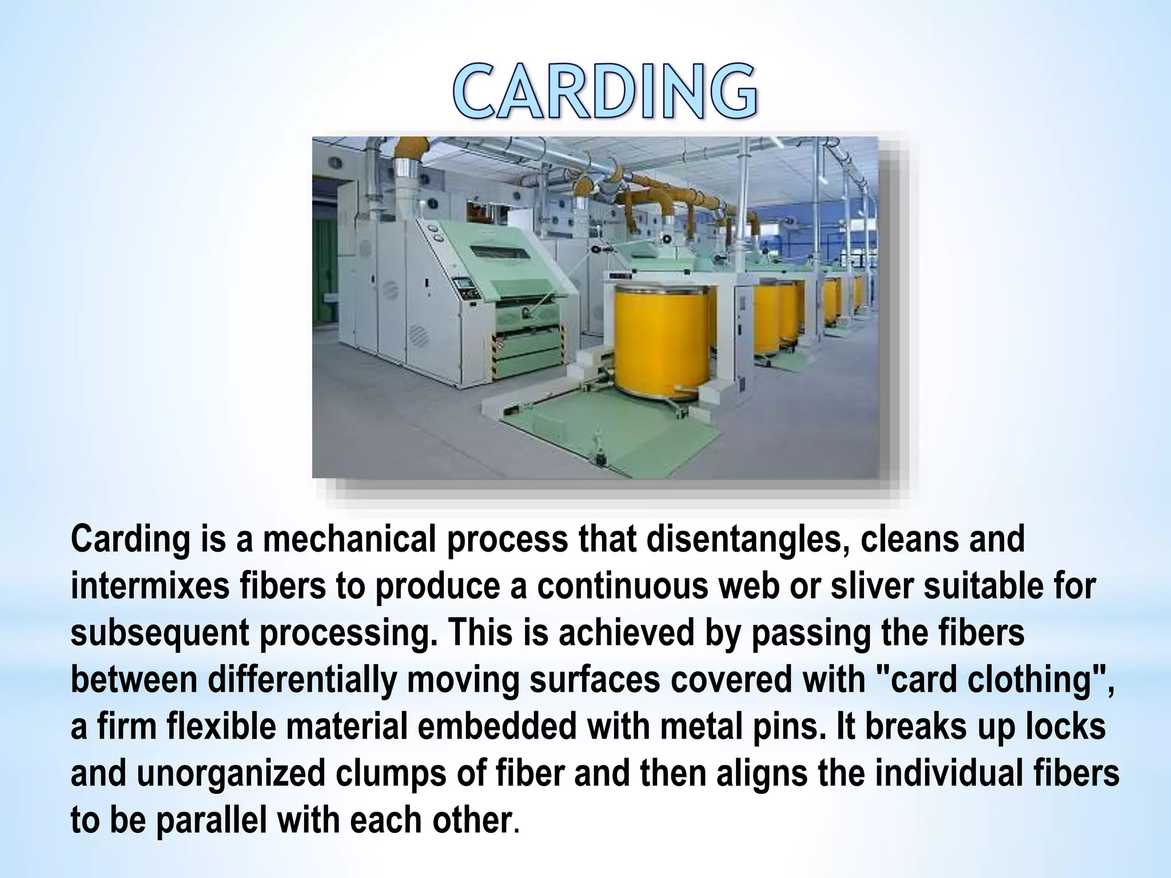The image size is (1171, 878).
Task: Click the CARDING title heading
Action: tap(606, 91)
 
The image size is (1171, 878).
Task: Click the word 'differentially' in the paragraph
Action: tap(302, 680)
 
